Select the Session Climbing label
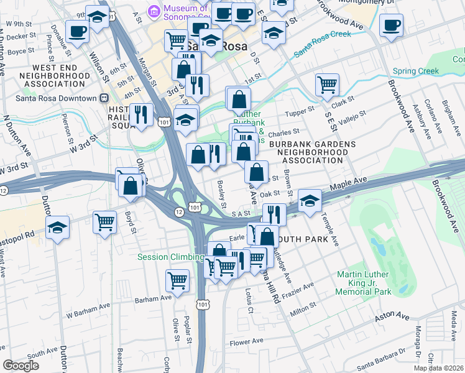click(170, 257)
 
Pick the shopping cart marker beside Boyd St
click(105, 221)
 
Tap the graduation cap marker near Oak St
click(310, 200)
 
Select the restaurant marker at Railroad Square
click(143, 114)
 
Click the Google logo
click(21, 366)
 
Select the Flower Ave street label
click(247, 343)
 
